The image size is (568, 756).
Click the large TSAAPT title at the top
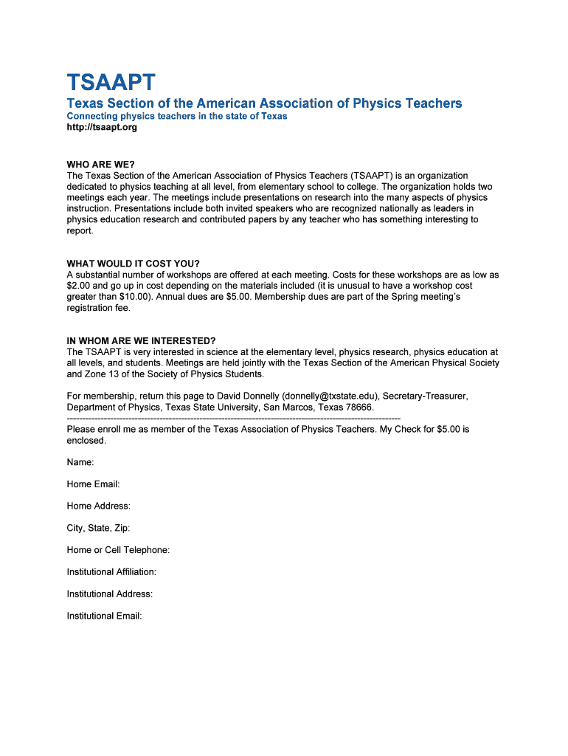111,82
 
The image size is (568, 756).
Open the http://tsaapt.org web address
102,128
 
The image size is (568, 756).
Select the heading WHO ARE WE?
101,164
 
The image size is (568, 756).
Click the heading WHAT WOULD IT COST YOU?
134,264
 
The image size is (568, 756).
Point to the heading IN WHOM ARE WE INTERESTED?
141,340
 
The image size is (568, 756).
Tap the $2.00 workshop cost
79,286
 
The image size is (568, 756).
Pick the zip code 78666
358,408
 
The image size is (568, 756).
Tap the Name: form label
80,462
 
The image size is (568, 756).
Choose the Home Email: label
93,484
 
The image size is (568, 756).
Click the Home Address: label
98,506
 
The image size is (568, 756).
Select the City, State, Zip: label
98,528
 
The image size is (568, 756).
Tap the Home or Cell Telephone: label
118,550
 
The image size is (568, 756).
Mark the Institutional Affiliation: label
111,572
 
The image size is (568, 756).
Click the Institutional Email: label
104,616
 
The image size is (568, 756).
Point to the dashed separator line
233,419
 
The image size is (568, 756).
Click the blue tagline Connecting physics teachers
177,117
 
